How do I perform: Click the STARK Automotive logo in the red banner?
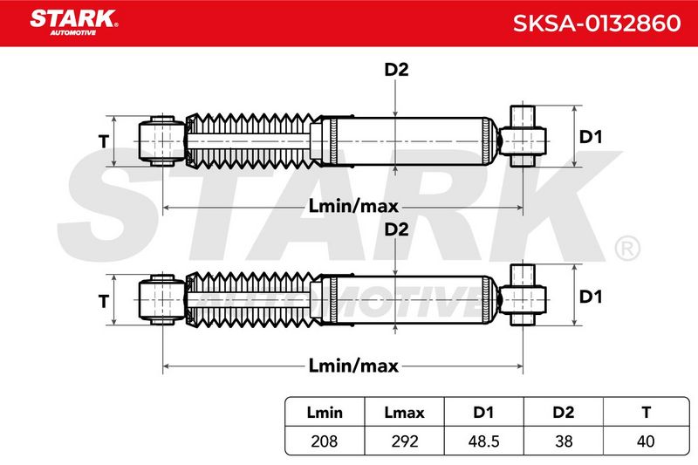(73, 23)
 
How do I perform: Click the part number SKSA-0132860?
(597, 24)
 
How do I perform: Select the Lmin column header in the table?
(325, 413)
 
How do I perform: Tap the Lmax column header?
(404, 413)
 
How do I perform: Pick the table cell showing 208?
(324, 441)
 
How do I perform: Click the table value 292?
(405, 441)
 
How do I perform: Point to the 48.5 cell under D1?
(483, 441)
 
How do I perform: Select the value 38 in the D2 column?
(564, 441)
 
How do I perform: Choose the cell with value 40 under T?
(646, 441)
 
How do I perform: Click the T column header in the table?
(647, 413)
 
